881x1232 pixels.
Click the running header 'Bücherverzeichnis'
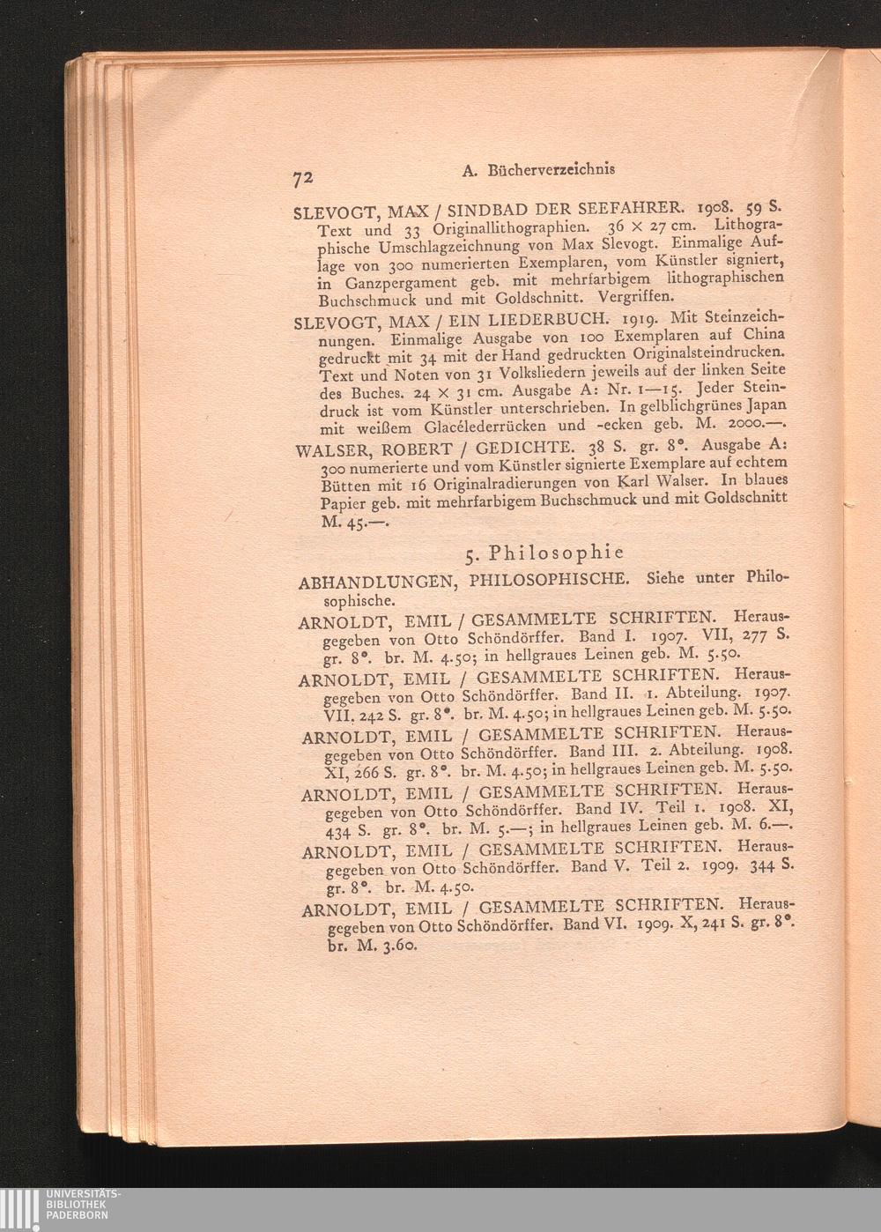[551, 168]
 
